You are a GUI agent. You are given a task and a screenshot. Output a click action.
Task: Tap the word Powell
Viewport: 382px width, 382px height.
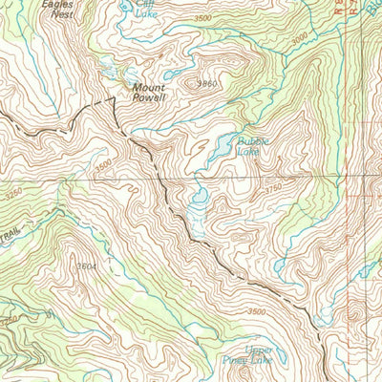[151, 98]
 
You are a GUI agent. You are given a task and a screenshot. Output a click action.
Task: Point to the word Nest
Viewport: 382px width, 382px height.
[61, 15]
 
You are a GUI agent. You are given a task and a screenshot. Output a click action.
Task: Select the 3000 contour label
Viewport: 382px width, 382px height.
[300, 37]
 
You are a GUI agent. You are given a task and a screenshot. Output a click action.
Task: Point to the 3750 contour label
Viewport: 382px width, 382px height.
[274, 190]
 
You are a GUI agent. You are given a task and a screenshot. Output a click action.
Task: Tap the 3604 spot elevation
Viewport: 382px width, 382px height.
[87, 266]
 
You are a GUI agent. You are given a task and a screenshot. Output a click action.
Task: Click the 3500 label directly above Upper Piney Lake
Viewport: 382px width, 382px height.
[255, 311]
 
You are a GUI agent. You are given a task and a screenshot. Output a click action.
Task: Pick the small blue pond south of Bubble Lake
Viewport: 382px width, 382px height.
[200, 199]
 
